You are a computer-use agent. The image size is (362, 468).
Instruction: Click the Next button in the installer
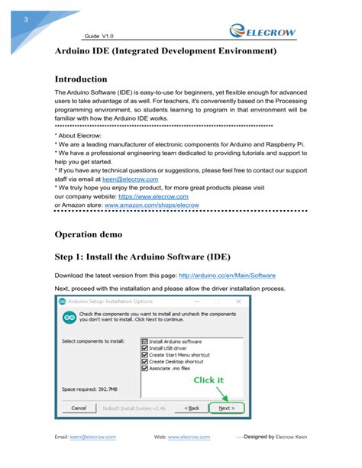tap(226, 408)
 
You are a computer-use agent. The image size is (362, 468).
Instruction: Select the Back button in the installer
tap(190, 408)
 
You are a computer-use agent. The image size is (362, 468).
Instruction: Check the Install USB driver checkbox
tap(145, 348)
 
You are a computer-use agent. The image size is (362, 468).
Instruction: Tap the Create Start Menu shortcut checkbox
tap(145, 355)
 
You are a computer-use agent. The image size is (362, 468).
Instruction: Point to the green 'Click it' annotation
tap(208, 379)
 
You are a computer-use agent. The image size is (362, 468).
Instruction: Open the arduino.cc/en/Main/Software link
tap(227, 275)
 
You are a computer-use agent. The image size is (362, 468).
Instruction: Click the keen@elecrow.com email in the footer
tap(92, 437)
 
